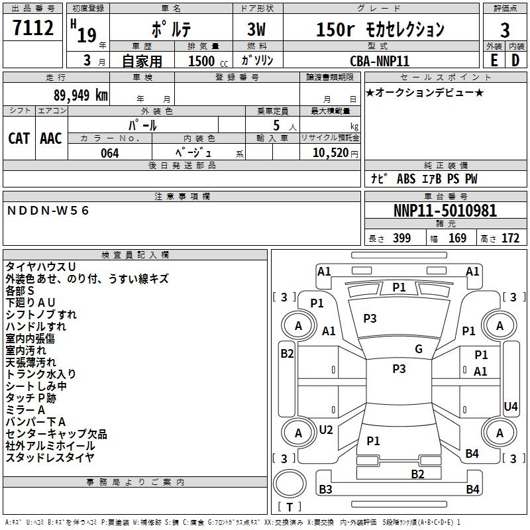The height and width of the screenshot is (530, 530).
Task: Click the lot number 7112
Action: pos(33,28)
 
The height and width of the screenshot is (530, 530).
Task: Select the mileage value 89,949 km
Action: pos(81,95)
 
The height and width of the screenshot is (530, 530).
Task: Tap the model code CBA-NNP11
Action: pos(380,61)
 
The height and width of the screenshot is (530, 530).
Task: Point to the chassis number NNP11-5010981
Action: pos(445,211)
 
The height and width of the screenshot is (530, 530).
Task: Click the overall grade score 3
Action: pos(505,30)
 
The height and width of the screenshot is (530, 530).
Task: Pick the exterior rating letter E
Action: pos(494,60)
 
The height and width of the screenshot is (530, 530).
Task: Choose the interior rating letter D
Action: pos(515,60)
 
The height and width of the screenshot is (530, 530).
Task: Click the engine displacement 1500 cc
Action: pos(208,61)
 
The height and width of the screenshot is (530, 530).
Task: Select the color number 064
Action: pos(110,153)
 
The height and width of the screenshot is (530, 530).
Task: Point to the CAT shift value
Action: pos(19,138)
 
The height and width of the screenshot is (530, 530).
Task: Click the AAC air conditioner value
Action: pos(51,138)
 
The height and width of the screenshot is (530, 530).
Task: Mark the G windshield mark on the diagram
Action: pos(419,348)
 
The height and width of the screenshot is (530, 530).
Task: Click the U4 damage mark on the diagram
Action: pos(510,406)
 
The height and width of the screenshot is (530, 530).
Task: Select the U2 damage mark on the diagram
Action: pos(326,429)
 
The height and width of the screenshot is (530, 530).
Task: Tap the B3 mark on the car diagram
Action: pos(325,489)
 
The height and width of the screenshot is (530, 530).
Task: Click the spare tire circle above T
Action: pos(290,483)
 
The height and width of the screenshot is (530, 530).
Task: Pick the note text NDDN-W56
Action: pos(48,211)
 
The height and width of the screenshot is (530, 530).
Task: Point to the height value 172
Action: pos(510,238)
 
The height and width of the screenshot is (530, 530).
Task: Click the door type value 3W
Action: pos(256,29)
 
